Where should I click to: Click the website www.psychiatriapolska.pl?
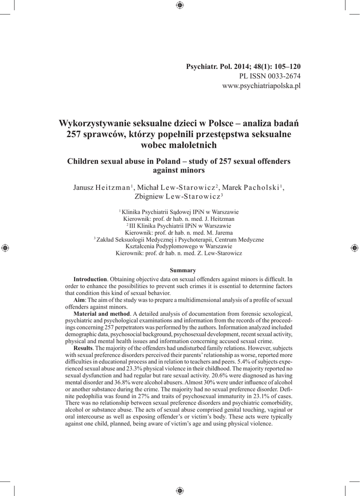coord(261,86)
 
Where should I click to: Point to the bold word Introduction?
coord(90,279)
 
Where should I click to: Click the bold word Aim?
coord(79,301)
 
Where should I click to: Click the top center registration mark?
coord(180,5)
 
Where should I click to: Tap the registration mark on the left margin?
coord(5,248)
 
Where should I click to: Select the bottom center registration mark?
coord(180,490)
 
